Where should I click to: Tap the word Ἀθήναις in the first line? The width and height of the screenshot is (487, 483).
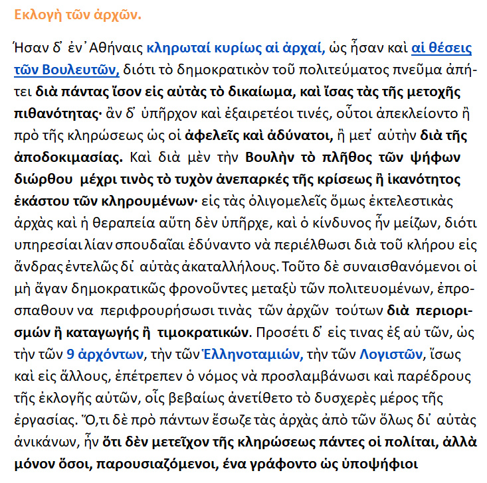pyautogui.click(x=116, y=48)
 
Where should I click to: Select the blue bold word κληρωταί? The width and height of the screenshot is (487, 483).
pyautogui.click(x=175, y=48)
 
